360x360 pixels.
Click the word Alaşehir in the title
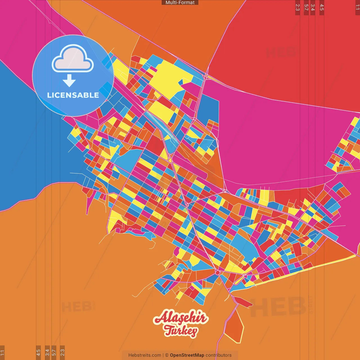(181, 318)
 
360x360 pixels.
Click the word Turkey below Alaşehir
(181, 331)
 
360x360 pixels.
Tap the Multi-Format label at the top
(180, 3)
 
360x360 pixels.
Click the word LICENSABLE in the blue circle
(73, 95)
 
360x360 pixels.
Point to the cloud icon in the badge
(73, 58)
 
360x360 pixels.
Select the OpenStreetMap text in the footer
(187, 355)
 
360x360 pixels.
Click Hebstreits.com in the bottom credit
(145, 355)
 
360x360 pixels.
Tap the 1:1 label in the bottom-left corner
(2, 352)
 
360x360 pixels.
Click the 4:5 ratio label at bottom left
(38, 352)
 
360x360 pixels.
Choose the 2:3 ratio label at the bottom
(62, 352)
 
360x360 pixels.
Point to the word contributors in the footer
(219, 355)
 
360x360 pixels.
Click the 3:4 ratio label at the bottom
(47, 352)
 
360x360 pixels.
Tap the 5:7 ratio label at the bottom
(54, 352)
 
